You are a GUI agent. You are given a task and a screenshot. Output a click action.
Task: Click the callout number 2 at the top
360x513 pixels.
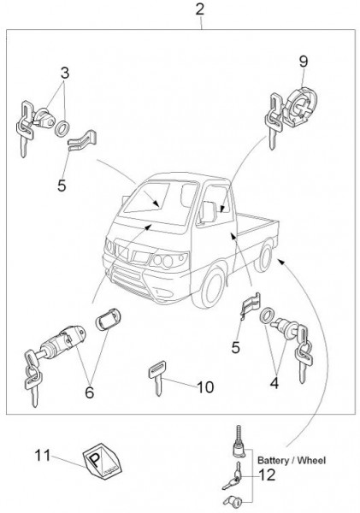coord(199,9)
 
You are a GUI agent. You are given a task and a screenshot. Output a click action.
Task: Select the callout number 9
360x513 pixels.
coord(304,62)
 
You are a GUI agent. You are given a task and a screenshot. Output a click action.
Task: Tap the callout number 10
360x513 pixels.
coord(205,387)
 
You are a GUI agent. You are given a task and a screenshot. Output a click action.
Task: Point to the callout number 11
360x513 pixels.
coord(43,455)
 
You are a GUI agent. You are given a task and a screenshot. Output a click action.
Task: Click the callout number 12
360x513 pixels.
coord(267,475)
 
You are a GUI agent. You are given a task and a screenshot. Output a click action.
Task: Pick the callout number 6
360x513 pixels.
coord(89,392)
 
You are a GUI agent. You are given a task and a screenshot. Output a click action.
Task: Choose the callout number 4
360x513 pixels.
coord(274,383)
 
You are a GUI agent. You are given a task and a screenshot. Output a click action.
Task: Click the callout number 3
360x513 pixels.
coord(65,73)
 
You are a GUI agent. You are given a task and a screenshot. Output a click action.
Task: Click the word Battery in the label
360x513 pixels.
coord(273,461)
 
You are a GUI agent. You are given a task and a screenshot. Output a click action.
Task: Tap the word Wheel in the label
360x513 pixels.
coord(311,461)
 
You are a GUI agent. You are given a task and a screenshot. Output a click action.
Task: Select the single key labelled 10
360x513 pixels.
coord(157,378)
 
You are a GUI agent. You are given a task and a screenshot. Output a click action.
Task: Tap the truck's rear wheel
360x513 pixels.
coord(264,256)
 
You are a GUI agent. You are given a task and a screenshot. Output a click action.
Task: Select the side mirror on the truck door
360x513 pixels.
coord(208,212)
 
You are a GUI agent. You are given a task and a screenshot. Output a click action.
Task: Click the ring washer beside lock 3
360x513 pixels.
coord(62,127)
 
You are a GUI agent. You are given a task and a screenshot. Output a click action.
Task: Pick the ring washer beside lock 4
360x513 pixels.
coord(267,315)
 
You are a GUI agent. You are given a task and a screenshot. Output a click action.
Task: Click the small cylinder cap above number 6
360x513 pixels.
coord(108,318)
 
